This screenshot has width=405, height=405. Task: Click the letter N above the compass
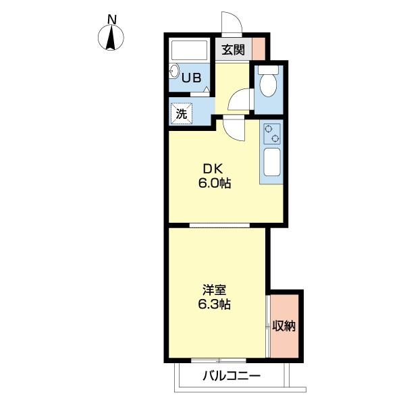[x=112, y=20]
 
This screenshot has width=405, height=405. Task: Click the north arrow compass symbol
[x=111, y=37]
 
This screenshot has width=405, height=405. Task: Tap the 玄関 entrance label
[x=234, y=49]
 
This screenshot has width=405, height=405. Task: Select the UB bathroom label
[x=192, y=78]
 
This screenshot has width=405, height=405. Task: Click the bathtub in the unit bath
[x=189, y=50]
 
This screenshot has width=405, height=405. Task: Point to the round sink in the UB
[x=174, y=72]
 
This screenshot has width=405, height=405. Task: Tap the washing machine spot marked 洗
[x=182, y=113]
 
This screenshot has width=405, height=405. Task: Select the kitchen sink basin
[x=272, y=162]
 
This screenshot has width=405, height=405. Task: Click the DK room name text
[x=213, y=169]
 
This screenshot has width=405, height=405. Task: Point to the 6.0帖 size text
[x=215, y=184]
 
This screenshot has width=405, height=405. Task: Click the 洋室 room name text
[x=215, y=290]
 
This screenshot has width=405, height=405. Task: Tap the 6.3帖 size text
[x=215, y=304]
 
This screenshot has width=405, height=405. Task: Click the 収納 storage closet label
[x=284, y=326]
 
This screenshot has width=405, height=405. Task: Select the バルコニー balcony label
[x=232, y=375]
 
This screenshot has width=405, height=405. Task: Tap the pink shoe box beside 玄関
[x=259, y=49]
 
